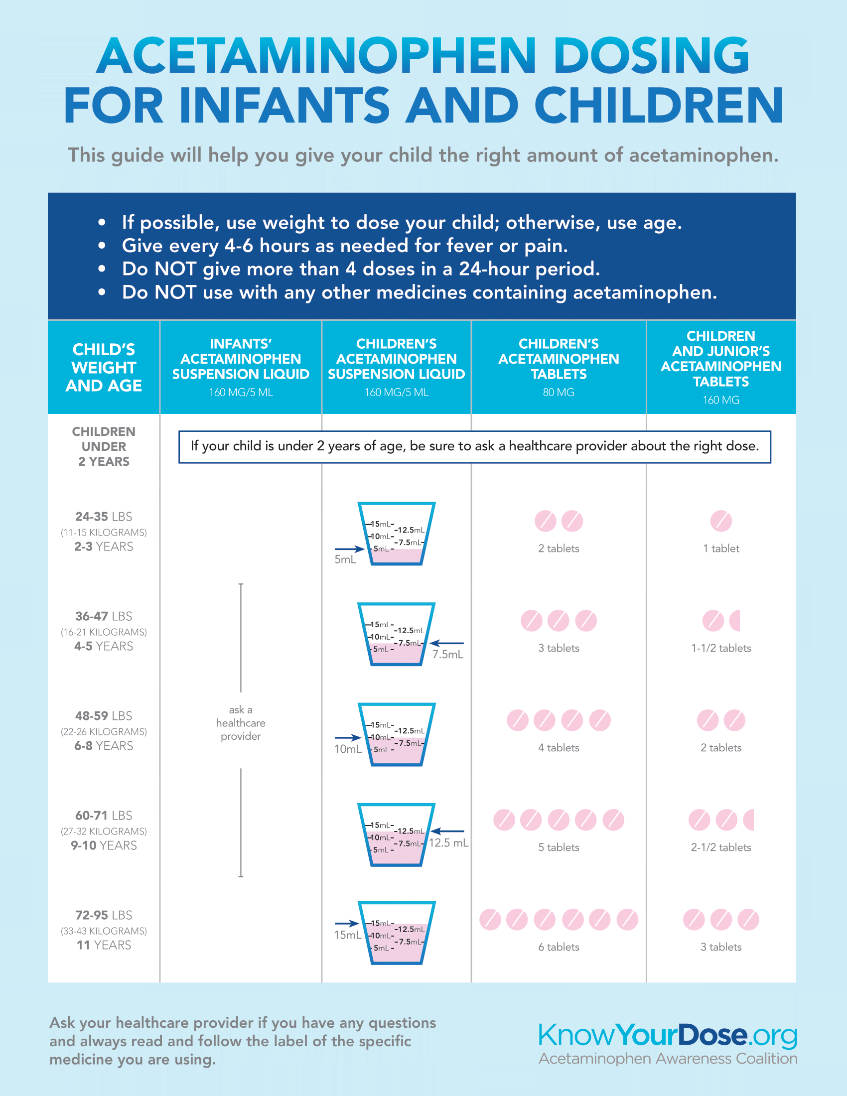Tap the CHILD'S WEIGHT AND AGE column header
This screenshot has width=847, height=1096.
click(103, 367)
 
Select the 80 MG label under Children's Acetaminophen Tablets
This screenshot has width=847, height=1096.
click(558, 393)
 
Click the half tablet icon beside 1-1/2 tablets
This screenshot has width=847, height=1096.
click(735, 621)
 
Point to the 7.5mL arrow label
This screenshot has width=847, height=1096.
click(447, 655)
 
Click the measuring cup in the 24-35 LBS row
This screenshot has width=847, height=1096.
click(396, 534)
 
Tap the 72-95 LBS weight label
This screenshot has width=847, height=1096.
click(103, 915)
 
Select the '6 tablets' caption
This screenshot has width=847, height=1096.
click(558, 947)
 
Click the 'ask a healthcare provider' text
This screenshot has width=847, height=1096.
click(240, 723)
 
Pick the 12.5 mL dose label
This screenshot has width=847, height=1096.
click(448, 842)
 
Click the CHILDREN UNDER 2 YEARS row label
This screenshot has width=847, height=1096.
click(103, 446)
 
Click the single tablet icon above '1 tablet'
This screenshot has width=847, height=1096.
click(720, 521)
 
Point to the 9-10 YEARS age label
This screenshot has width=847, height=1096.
click(103, 845)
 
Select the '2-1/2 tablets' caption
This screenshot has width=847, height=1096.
click(720, 847)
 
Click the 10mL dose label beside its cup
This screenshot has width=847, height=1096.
click(347, 749)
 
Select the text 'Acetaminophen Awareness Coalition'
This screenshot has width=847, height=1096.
click(667, 1058)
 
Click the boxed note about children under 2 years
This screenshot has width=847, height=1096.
click(474, 446)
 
